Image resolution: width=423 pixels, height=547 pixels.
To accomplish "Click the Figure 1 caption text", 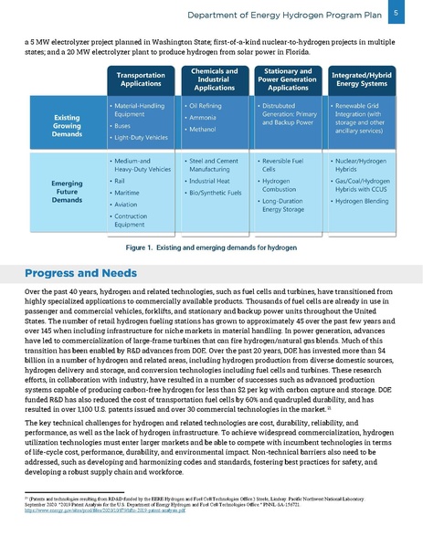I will [x=211, y=248].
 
